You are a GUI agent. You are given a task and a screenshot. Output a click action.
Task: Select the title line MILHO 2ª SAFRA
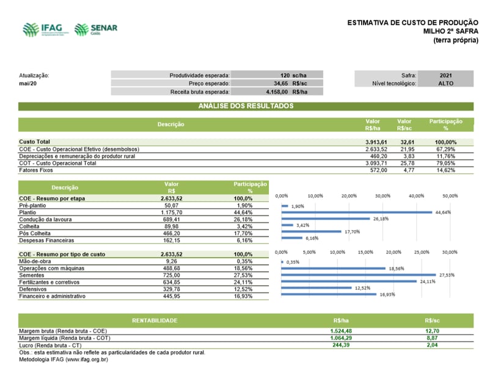451,31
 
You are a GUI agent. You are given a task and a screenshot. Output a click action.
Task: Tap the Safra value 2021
446,74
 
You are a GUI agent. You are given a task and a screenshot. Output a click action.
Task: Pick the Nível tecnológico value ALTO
446,83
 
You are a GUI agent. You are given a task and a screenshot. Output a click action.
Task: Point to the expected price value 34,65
280,83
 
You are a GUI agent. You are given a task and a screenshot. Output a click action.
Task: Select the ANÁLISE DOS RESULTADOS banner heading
246,106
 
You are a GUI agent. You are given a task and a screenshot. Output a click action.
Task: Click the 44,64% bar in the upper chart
357,212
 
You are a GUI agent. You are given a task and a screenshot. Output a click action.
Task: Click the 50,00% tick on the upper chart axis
449,196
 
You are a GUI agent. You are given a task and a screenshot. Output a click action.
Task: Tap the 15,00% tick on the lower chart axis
365,252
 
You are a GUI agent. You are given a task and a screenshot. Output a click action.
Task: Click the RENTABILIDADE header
155,321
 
